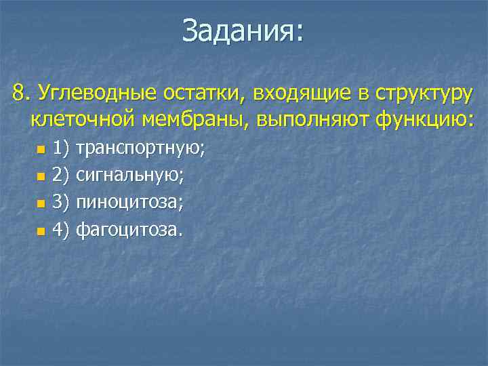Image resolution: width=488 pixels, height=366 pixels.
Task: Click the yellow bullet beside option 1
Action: pyautogui.click(x=41, y=148)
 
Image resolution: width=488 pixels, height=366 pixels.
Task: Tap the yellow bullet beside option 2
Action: pyautogui.click(x=41, y=176)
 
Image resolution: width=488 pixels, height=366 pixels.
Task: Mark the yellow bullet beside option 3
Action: pyautogui.click(x=41, y=203)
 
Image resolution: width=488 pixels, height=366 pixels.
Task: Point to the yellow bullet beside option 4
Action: pyautogui.click(x=41, y=231)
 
